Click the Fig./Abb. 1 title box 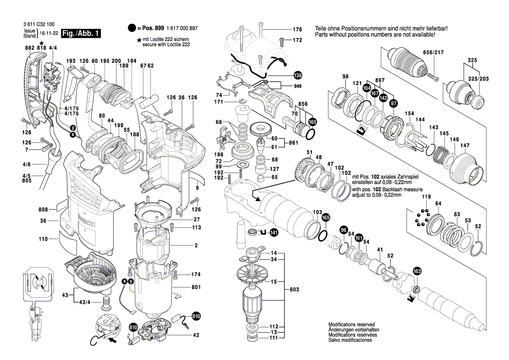pyautogui.click(x=81, y=34)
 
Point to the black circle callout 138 pyautogui.click(x=297, y=75)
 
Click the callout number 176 pyautogui.click(x=297, y=30)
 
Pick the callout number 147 pyautogui.click(x=465, y=146)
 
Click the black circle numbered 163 pyautogui.click(x=417, y=271)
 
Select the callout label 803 pyautogui.click(x=295, y=289)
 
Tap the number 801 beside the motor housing pyautogui.click(x=196, y=288)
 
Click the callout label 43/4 pyautogui.click(x=85, y=302)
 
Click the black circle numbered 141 pyautogui.click(x=273, y=233)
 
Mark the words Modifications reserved pyautogui.click(x=351, y=325)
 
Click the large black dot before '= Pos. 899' pyautogui.click(x=132, y=28)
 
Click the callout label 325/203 pyautogui.click(x=479, y=78)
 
